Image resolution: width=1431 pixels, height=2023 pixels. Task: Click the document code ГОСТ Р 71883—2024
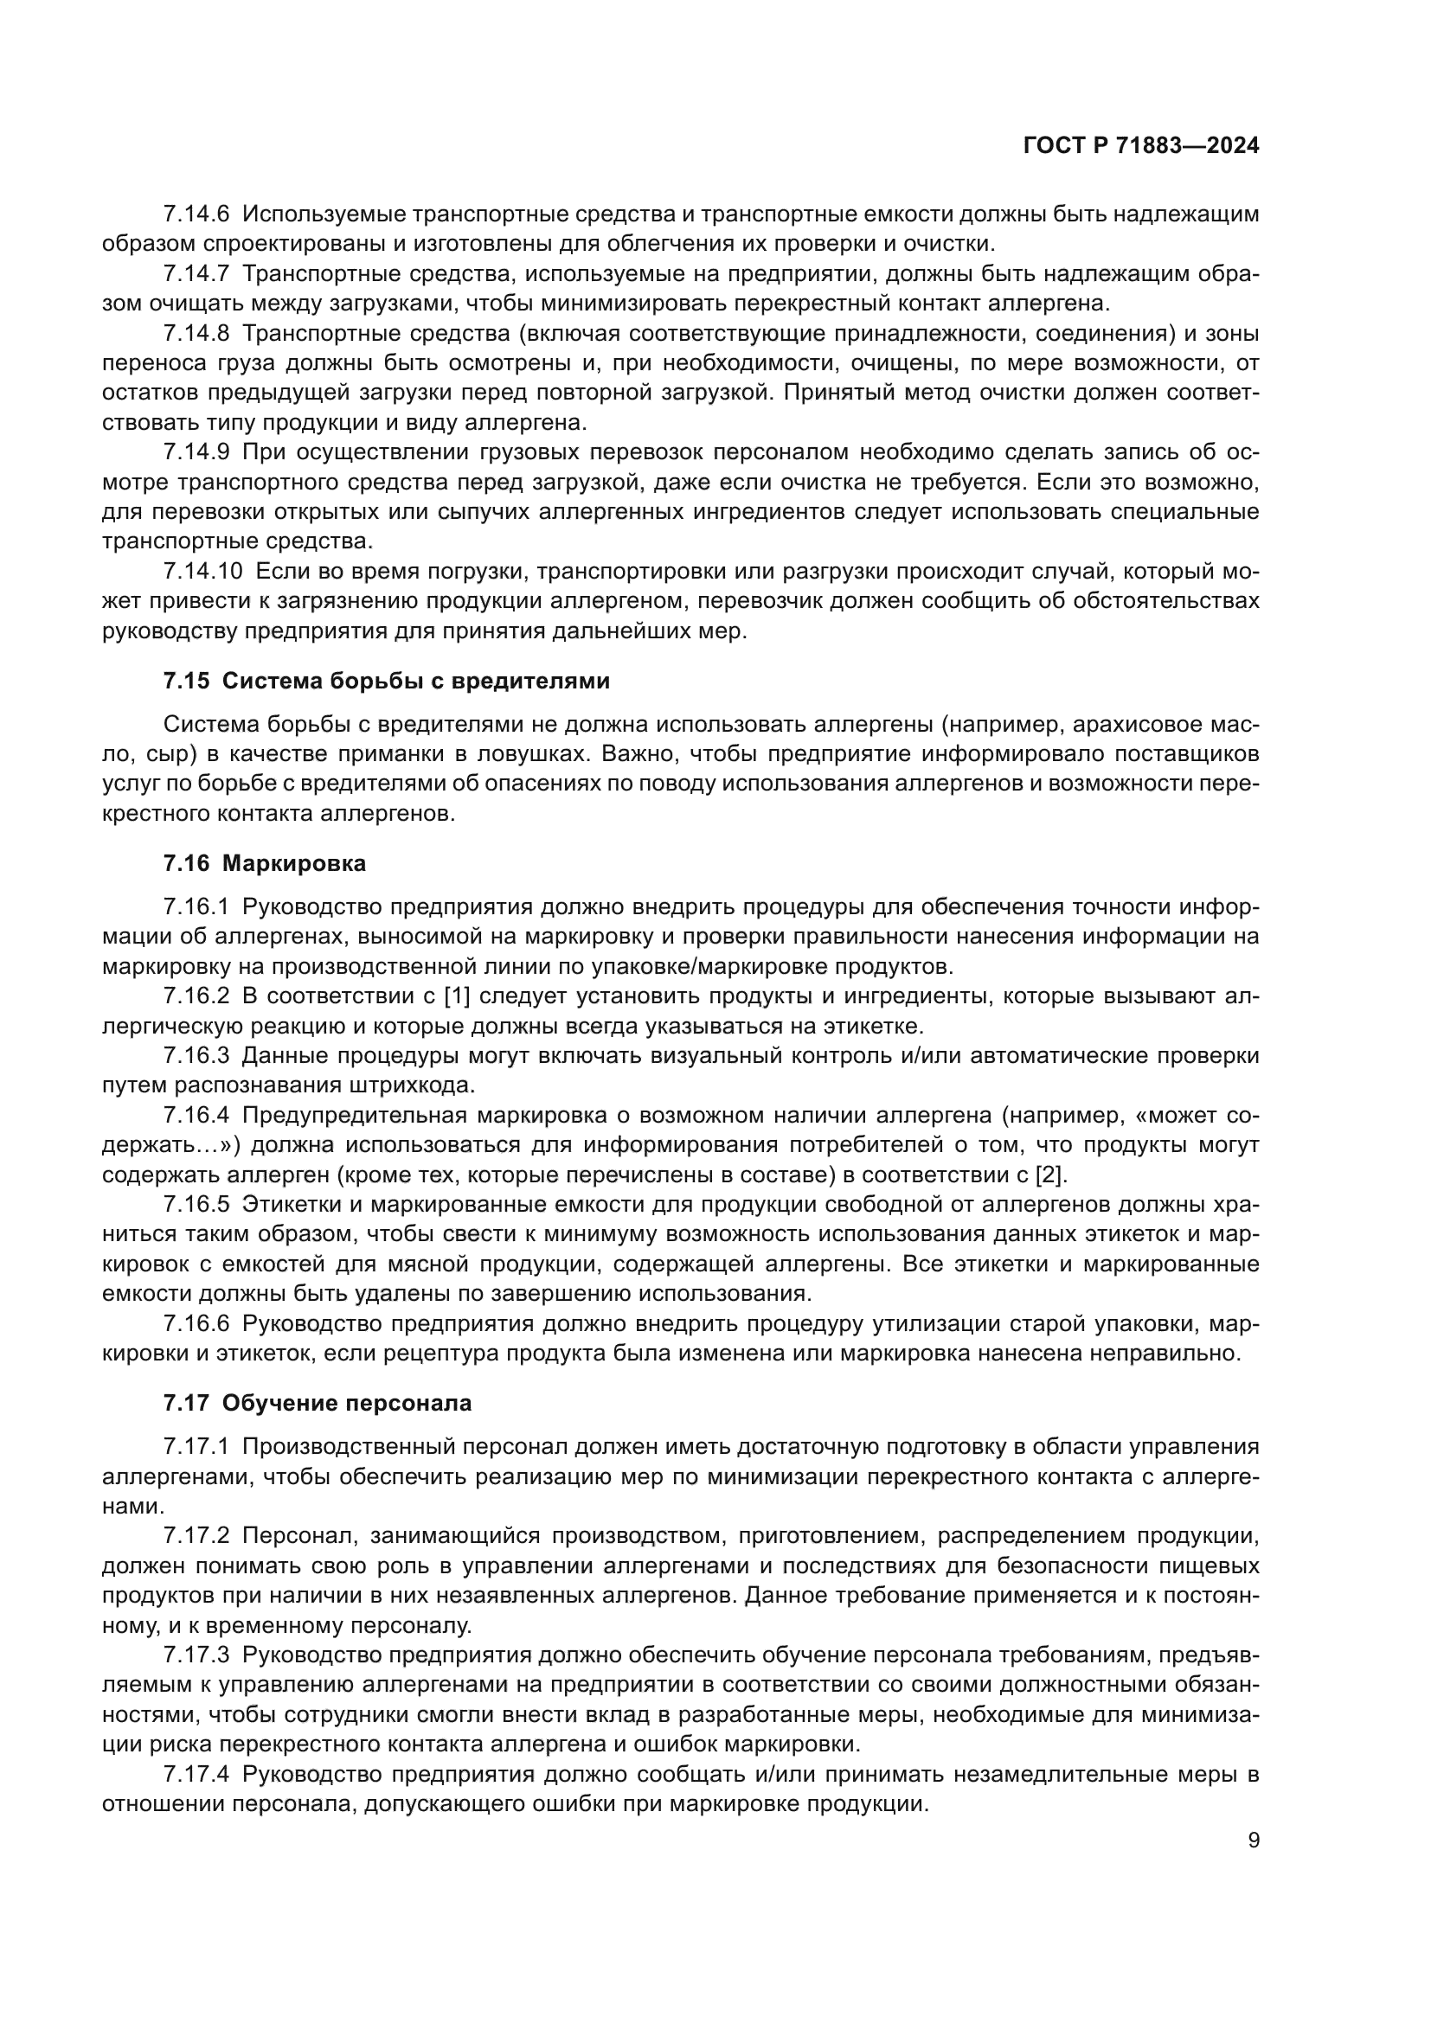(x=1141, y=146)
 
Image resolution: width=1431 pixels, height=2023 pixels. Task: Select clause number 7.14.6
(x=196, y=214)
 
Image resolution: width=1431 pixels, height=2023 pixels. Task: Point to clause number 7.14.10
(x=202, y=571)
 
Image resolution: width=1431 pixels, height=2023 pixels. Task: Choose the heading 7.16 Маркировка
(x=265, y=863)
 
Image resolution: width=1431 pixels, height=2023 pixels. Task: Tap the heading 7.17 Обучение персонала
(x=318, y=1403)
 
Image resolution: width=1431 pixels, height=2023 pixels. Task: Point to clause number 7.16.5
(x=196, y=1206)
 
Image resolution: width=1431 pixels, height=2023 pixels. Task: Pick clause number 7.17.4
(x=196, y=1775)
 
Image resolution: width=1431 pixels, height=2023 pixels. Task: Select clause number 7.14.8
(x=196, y=334)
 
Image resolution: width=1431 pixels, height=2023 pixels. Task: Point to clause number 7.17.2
(x=196, y=1536)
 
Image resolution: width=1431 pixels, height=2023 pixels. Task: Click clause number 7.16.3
(x=196, y=1055)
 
